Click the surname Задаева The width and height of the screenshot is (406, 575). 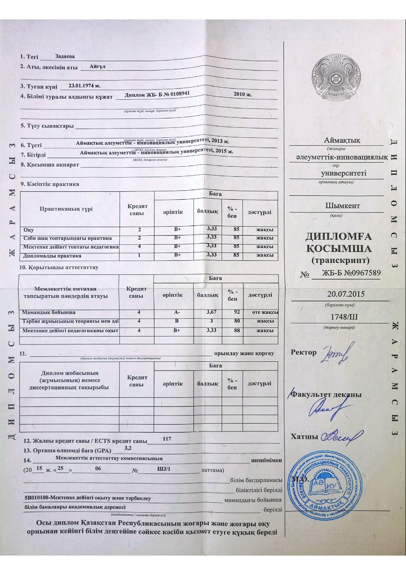[65, 56]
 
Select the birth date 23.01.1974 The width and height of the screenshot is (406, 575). [84, 86]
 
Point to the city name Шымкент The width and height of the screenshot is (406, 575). [342, 206]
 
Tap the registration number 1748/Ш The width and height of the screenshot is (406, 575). [344, 317]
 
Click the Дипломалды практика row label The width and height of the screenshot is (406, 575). [52, 256]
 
